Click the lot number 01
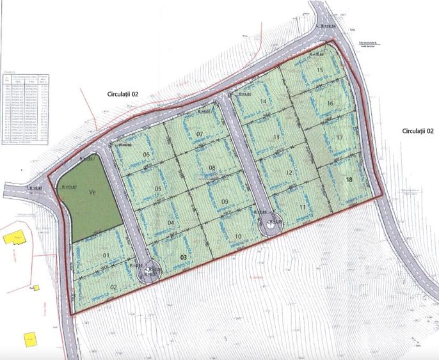click(x=107, y=256)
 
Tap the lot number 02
click(x=113, y=286)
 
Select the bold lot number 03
click(x=184, y=256)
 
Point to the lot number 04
click(x=170, y=223)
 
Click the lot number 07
click(x=199, y=134)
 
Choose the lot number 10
click(x=238, y=237)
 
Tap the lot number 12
click(x=289, y=173)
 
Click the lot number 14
click(x=262, y=101)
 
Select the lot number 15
click(x=320, y=69)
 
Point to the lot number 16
click(x=330, y=103)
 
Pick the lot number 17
click(x=340, y=137)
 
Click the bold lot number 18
click(x=349, y=180)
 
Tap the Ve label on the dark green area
click(x=92, y=191)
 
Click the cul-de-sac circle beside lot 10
click(x=267, y=224)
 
